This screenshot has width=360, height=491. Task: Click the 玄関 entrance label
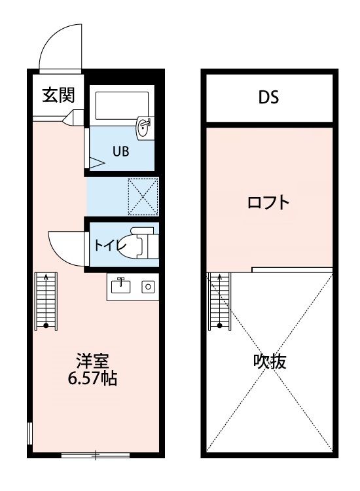(58, 96)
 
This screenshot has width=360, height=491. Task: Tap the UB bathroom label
(120, 151)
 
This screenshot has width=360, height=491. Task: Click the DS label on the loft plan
(268, 98)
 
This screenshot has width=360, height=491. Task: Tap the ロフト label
(268, 203)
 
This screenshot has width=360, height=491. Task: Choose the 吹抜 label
(270, 361)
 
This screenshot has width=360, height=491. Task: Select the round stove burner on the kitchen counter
(148, 286)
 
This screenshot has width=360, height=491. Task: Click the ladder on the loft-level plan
(219, 301)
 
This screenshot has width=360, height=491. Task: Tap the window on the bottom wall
(95, 454)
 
